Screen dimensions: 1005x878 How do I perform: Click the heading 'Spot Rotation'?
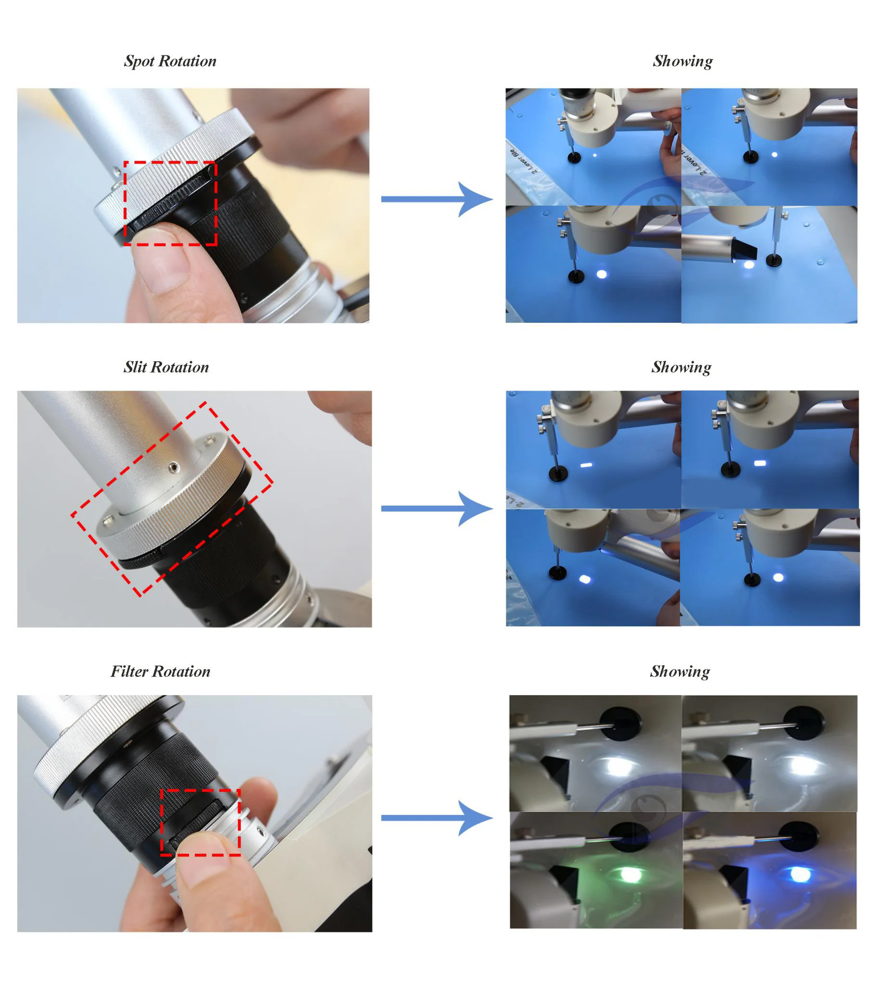pyautogui.click(x=170, y=61)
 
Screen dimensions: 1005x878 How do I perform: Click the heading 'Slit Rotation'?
pyautogui.click(x=166, y=367)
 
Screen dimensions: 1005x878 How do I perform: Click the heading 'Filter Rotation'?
pyautogui.click(x=160, y=672)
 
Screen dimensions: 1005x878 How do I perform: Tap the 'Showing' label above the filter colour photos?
pyautogui.click(x=679, y=672)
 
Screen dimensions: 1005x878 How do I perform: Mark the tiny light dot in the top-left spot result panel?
pyautogui.click(x=595, y=155)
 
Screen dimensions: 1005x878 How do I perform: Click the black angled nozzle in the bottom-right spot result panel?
pyautogui.click(x=745, y=251)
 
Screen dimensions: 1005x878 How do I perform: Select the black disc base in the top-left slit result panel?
pyautogui.click(x=558, y=474)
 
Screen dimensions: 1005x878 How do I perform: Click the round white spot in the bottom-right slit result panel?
pyautogui.click(x=778, y=577)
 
